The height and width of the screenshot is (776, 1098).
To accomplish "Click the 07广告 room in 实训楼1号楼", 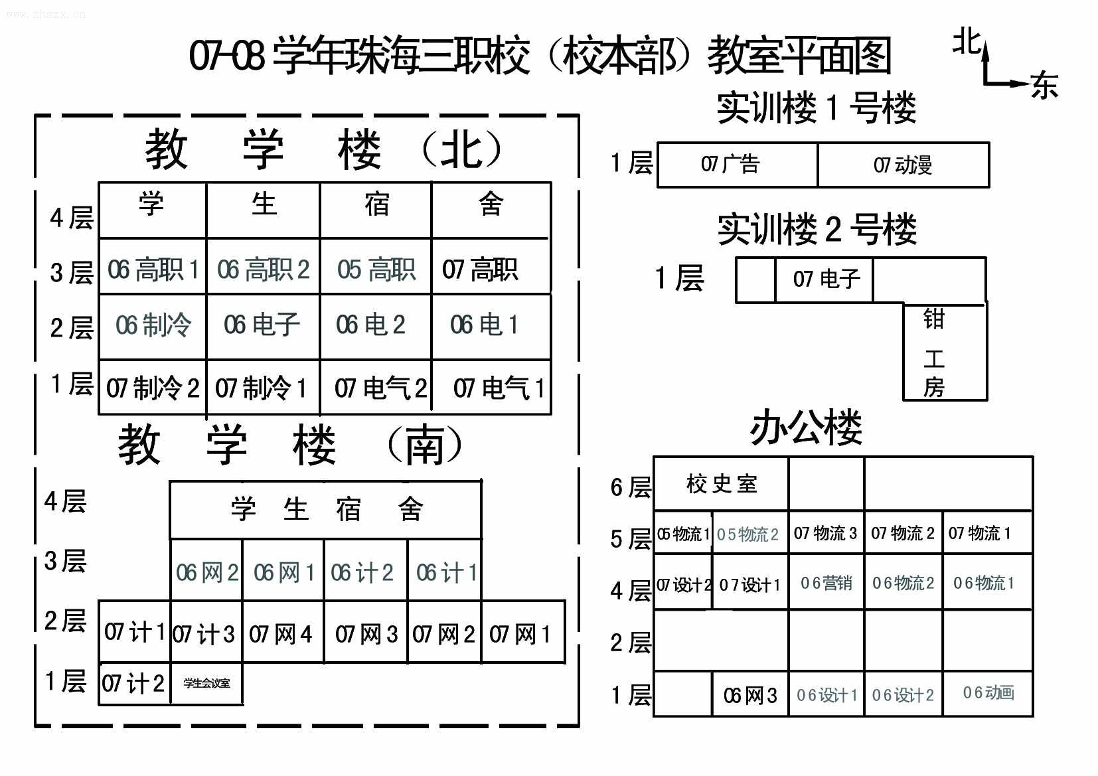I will point(730,165).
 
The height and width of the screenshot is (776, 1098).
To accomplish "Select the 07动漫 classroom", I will point(903,165).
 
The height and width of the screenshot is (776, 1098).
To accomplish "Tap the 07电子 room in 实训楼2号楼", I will point(826,279).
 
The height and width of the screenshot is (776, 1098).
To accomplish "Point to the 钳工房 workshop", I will point(934,352).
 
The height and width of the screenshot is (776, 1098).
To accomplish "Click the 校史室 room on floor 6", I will point(722,484).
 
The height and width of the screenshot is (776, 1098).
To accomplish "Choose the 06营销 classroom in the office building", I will point(826,583).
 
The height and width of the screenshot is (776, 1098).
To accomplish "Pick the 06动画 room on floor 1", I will point(988,693).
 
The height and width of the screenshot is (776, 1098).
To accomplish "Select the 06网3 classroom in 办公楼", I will point(750,695).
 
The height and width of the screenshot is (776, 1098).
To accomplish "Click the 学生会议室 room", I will point(206,683).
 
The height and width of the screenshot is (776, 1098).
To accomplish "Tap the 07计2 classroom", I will point(133,683).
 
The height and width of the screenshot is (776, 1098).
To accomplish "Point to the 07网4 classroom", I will point(281,635).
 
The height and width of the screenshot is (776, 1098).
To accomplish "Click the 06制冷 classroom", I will point(153,326).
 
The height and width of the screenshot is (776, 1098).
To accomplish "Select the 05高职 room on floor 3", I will point(376,270).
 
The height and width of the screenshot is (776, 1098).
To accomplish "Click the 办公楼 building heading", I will point(806,428).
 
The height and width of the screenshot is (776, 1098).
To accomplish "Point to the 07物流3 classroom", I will point(825,533).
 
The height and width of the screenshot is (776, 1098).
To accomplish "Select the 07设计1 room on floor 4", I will point(749,585).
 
